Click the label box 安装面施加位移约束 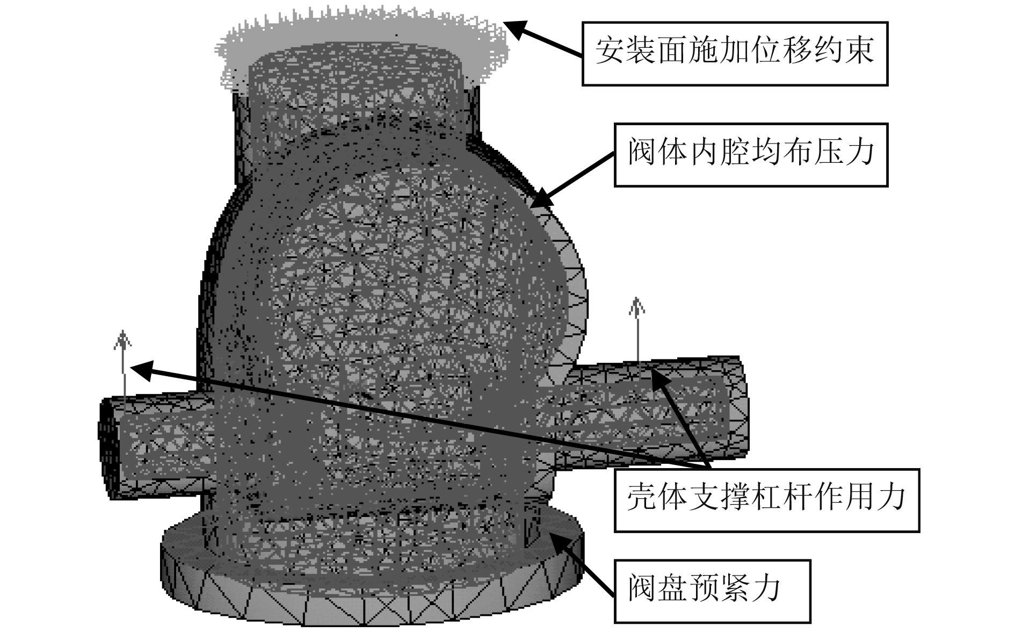[x=735, y=53]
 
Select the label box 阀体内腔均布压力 [x=751, y=155]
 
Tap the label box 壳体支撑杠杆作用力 [x=766, y=500]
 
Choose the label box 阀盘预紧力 [x=712, y=591]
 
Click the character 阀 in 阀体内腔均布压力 [x=643, y=155]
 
